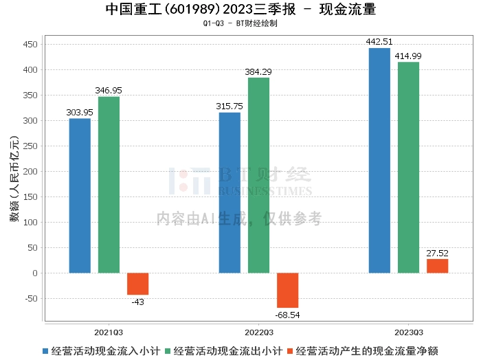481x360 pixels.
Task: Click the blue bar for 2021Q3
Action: [x=80, y=196]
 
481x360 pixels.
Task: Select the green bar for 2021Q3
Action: [x=109, y=185]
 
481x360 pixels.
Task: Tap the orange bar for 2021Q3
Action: [x=137, y=284]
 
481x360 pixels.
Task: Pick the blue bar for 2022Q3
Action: [x=230, y=192]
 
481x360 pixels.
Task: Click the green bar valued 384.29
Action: [x=258, y=175]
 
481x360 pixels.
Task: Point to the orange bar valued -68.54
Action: [x=287, y=290]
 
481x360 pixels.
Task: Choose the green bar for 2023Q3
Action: [x=408, y=168]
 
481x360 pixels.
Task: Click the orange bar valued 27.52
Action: [x=437, y=266]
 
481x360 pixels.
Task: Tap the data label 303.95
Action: [x=80, y=112]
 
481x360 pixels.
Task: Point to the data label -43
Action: [x=137, y=302]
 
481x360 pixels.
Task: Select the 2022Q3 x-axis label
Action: [x=258, y=331]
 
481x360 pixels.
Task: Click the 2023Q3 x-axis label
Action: [x=408, y=331]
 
